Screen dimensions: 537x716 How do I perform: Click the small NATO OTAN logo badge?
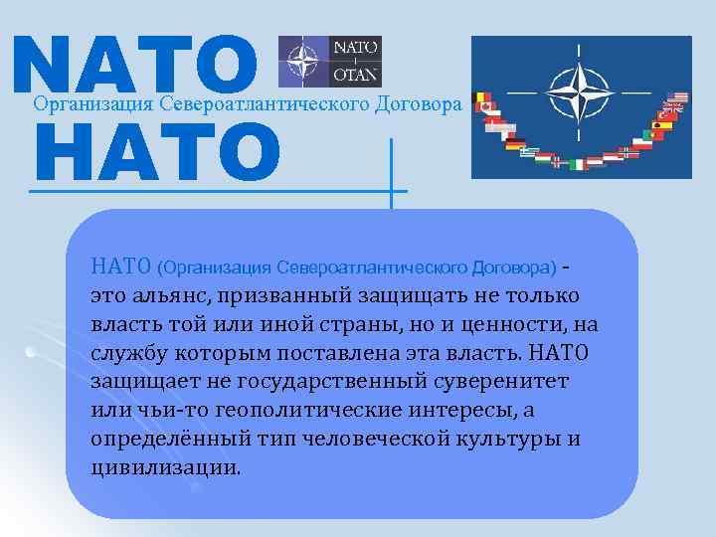tap(329, 61)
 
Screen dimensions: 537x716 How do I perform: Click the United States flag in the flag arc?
tap(678, 98)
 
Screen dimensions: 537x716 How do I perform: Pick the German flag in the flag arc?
tap(515, 145)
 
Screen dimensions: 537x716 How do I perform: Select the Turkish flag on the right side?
tap(666, 116)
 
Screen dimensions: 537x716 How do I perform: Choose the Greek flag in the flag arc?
tap(530, 154)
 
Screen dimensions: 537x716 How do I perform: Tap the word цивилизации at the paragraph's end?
tap(164, 467)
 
